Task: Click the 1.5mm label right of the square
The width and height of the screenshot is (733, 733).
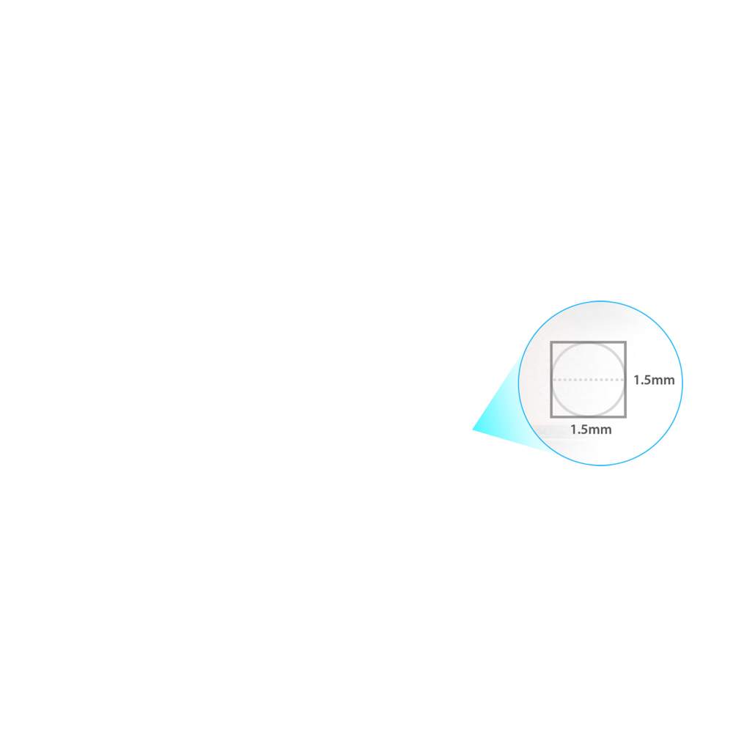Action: click(654, 380)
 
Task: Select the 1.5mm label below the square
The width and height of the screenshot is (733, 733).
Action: click(591, 430)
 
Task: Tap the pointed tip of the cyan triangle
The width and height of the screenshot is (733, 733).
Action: click(472, 429)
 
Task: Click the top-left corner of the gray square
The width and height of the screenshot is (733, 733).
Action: click(551, 342)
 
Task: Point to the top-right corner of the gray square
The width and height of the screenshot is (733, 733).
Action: click(625, 342)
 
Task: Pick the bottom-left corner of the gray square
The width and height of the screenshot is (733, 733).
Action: click(551, 416)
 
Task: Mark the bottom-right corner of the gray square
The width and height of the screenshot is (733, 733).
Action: click(625, 416)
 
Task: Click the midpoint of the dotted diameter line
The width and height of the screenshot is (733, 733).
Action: click(588, 380)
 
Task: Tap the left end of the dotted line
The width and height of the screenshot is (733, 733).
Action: click(553, 380)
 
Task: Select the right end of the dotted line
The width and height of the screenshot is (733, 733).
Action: click(623, 380)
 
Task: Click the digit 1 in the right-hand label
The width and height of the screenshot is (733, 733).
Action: click(637, 380)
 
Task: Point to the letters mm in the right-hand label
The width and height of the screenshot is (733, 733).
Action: click(663, 381)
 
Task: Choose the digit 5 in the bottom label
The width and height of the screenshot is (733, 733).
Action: click(584, 430)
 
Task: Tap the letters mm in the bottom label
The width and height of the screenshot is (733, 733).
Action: click(600, 430)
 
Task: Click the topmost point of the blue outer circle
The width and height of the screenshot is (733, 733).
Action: click(600, 301)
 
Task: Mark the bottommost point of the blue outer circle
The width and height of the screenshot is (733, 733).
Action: click(600, 465)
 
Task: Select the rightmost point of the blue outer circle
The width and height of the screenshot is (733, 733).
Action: click(682, 383)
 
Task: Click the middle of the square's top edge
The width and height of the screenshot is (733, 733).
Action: click(588, 342)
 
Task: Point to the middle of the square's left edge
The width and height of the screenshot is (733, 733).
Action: click(551, 380)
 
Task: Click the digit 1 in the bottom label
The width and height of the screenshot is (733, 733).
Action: click(574, 430)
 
